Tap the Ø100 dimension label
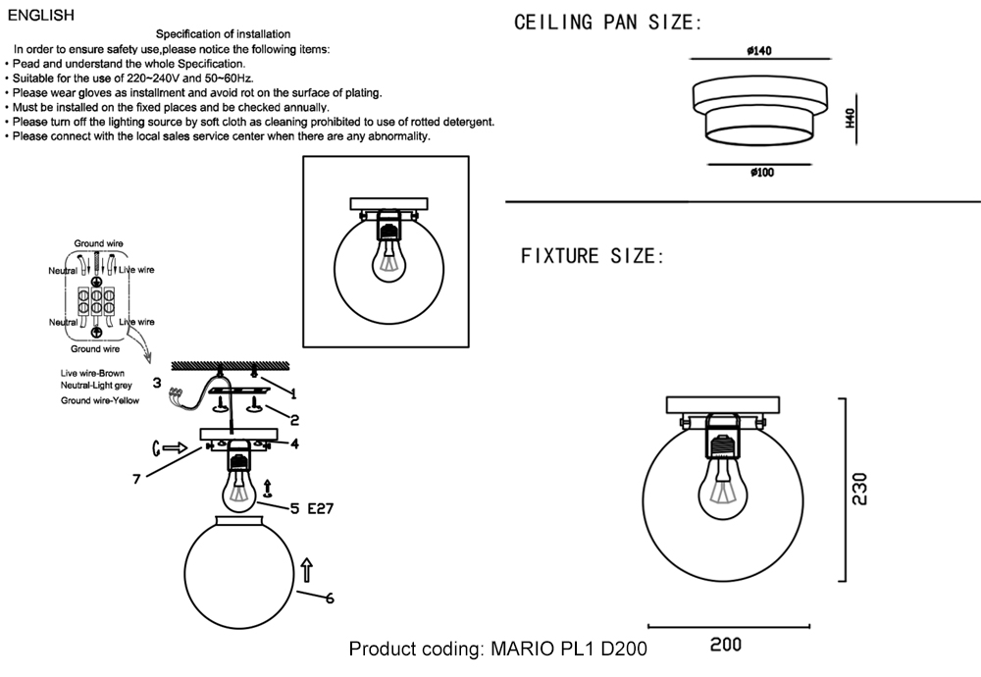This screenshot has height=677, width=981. [761, 173]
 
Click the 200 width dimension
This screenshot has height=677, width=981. [726, 645]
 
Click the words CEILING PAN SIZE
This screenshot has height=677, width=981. [608, 23]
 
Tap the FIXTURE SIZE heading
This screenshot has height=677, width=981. [593, 257]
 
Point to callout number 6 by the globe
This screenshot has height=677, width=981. [330, 598]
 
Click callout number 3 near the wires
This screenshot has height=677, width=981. [156, 383]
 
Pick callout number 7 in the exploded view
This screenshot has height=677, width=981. [138, 479]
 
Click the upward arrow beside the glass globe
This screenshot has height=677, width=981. [307, 570]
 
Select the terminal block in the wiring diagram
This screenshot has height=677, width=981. [98, 300]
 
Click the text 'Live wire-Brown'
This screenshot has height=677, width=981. [92, 374]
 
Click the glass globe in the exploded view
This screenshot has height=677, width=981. [238, 573]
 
